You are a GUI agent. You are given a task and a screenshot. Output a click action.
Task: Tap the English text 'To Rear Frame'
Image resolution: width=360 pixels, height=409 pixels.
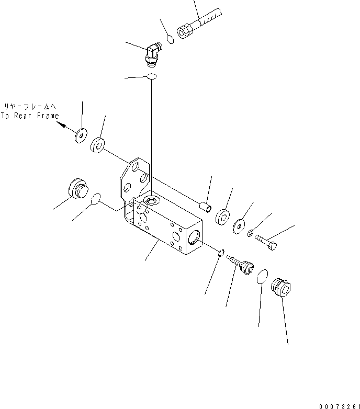pos(30,116)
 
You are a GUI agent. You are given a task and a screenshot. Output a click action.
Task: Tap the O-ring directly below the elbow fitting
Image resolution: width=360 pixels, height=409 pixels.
pos(151,77)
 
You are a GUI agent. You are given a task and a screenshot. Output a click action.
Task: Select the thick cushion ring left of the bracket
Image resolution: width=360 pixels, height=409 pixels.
pos(98,144)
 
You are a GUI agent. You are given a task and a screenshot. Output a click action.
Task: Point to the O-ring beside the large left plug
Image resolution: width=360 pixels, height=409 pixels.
pos(95,199)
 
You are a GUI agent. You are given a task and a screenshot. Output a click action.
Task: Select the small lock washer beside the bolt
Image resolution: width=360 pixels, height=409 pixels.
pos(251,233)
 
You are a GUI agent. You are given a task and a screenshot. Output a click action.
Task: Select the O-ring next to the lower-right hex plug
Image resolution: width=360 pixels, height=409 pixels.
pos(263,278)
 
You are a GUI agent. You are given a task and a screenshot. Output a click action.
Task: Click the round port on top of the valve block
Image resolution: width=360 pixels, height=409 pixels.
pos(152,200)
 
